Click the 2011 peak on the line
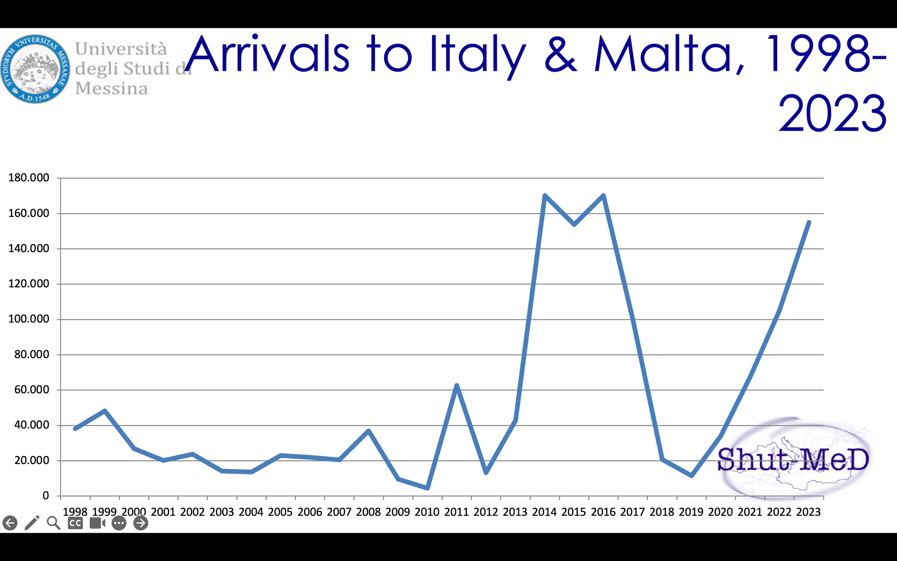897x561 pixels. point(457,386)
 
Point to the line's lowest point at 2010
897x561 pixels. point(427,488)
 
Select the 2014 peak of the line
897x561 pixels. point(544,196)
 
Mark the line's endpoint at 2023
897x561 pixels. point(809,223)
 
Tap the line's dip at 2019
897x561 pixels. point(692,475)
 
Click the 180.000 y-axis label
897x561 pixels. point(29,178)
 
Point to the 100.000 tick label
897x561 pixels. point(29,319)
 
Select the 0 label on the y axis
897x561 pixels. point(46,495)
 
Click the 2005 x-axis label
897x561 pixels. point(280,512)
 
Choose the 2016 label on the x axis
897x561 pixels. point(603,512)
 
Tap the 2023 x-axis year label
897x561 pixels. point(808,512)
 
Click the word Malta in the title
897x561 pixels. point(668,55)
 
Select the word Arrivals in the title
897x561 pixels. point(268,55)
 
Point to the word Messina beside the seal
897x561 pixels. point(112,88)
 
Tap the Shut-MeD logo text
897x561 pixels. point(793,460)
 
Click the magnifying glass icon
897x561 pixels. point(53,523)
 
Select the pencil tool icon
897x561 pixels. point(32,523)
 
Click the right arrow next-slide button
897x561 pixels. point(140,523)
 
